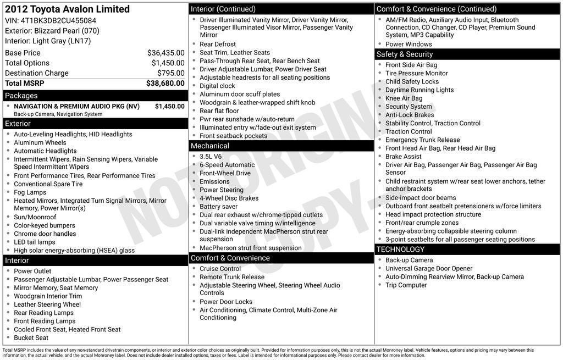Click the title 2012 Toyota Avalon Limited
[x=68, y=9]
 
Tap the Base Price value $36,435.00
[x=165, y=53]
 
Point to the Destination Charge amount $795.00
[x=170, y=73]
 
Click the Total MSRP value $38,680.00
[x=165, y=84]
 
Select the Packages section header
[x=21, y=96]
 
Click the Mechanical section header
[x=209, y=146]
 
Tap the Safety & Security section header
[x=405, y=54]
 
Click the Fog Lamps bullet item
[x=30, y=192]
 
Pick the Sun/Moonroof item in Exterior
[x=34, y=217]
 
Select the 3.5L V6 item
[x=211, y=156]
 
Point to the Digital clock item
[x=217, y=86]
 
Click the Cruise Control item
[x=220, y=269]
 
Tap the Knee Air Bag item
[x=404, y=98]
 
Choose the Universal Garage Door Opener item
[x=429, y=269]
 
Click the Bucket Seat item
[x=31, y=337]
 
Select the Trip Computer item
[x=406, y=285]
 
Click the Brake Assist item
[x=404, y=157]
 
